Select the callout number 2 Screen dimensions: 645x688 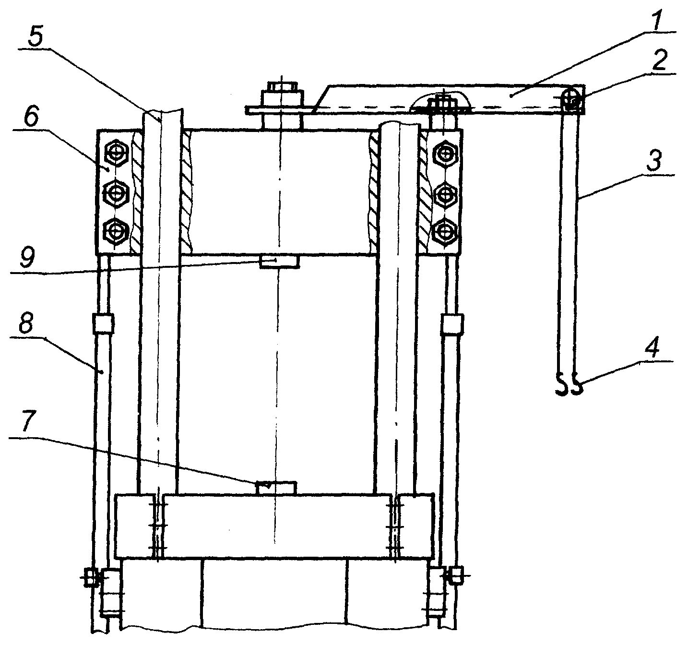[x=660, y=61]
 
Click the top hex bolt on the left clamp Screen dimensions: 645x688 [x=116, y=153]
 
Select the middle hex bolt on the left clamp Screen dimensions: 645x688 [x=116, y=193]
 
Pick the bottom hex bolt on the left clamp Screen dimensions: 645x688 [x=116, y=231]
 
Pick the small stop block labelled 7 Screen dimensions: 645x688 [x=276, y=488]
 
